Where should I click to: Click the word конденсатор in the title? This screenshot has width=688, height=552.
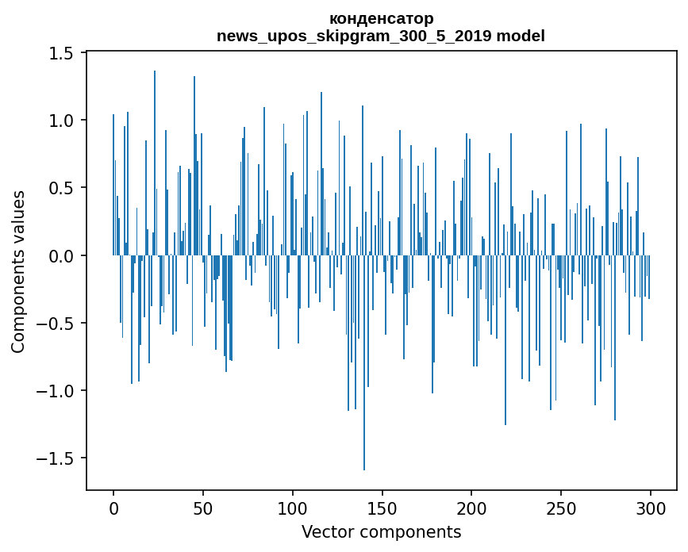381,18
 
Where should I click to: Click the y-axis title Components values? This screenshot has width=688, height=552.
18,271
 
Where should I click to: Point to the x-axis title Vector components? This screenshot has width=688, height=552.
381,531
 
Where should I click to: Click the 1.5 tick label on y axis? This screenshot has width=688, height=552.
62,53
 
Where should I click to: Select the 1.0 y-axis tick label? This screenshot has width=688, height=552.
62,121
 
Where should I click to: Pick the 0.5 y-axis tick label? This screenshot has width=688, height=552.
62,188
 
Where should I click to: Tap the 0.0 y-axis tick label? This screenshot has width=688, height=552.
62,255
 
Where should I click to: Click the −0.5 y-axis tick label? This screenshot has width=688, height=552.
56,324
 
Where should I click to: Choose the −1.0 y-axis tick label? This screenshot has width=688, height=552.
56,391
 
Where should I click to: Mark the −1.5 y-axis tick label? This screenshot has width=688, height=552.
56,458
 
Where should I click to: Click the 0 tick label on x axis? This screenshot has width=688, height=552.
113,508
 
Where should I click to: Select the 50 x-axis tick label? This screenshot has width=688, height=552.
203,508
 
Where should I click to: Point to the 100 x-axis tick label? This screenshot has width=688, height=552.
293,508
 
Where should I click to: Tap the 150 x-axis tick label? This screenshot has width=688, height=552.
382,508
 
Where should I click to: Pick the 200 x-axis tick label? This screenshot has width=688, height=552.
471,508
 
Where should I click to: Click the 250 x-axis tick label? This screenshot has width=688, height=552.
561,508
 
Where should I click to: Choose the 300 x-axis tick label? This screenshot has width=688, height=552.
651,508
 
